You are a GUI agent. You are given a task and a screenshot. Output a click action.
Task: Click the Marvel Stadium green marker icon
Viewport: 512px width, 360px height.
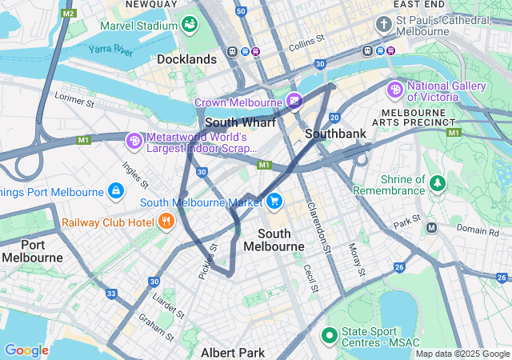(190, 25)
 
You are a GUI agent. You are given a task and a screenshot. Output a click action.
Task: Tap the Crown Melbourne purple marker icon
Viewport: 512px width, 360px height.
(294, 102)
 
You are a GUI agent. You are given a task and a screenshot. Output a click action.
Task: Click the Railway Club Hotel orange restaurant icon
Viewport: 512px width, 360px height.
(166, 221)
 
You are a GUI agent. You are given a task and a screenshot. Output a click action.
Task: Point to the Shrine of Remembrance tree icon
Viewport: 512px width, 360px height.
(437, 184)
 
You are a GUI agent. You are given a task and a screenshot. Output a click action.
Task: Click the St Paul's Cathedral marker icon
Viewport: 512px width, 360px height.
(383, 25)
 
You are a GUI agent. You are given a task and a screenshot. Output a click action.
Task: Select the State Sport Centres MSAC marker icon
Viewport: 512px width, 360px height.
(328, 334)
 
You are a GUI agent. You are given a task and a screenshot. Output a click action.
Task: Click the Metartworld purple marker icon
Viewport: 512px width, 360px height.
(134, 141)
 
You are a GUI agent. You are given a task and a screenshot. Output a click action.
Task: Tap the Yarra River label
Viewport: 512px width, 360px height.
(111, 50)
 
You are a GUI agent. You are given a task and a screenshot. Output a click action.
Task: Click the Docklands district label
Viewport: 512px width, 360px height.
(186, 59)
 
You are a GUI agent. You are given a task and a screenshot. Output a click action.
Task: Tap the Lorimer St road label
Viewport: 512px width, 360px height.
(74, 100)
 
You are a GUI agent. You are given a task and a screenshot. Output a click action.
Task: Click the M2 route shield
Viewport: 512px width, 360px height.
(68, 14)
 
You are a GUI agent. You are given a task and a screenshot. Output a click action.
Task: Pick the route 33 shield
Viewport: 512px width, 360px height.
(111, 294)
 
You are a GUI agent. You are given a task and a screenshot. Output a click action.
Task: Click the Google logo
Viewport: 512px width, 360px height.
(26, 350)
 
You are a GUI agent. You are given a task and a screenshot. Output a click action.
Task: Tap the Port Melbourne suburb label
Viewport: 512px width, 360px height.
(32, 250)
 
